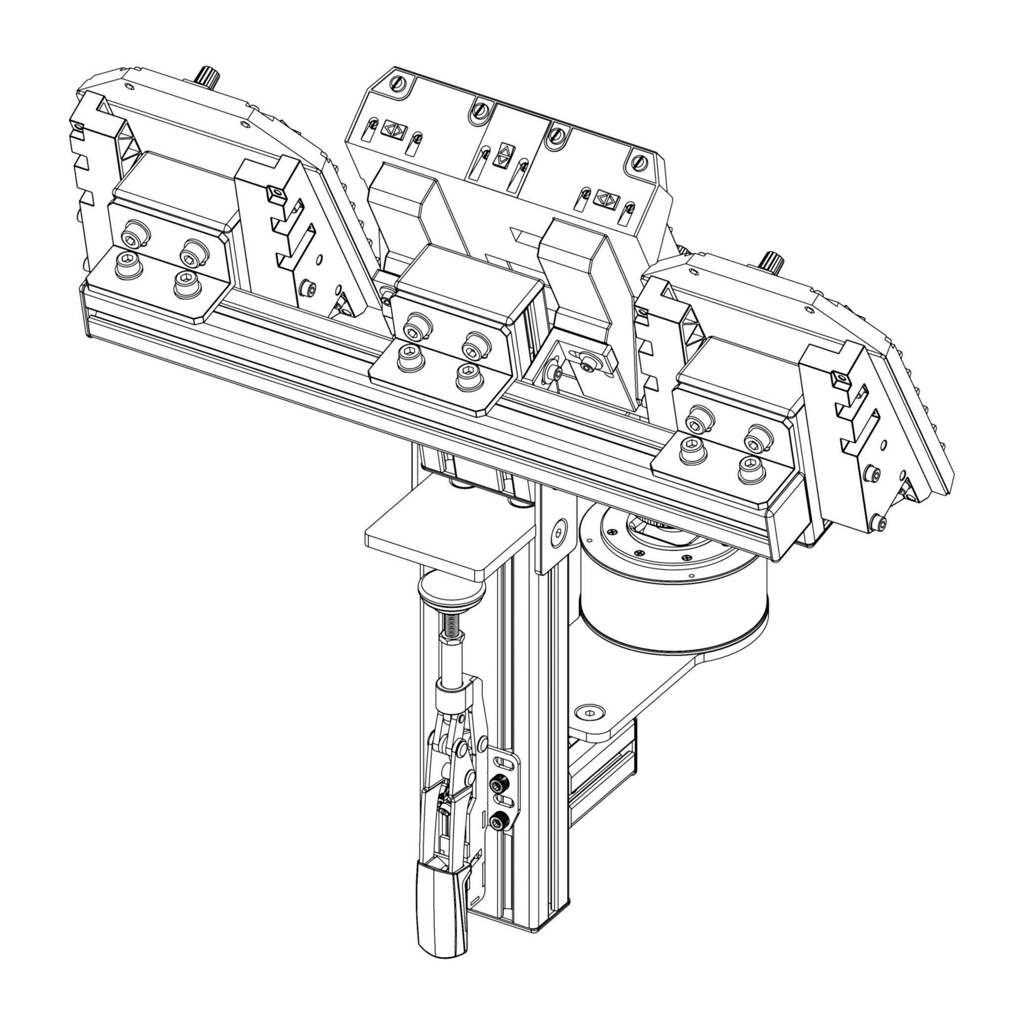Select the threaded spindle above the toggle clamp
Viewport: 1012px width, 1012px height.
pyautogui.click(x=452, y=623)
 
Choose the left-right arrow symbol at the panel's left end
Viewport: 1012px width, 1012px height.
pyautogui.click(x=393, y=129)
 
